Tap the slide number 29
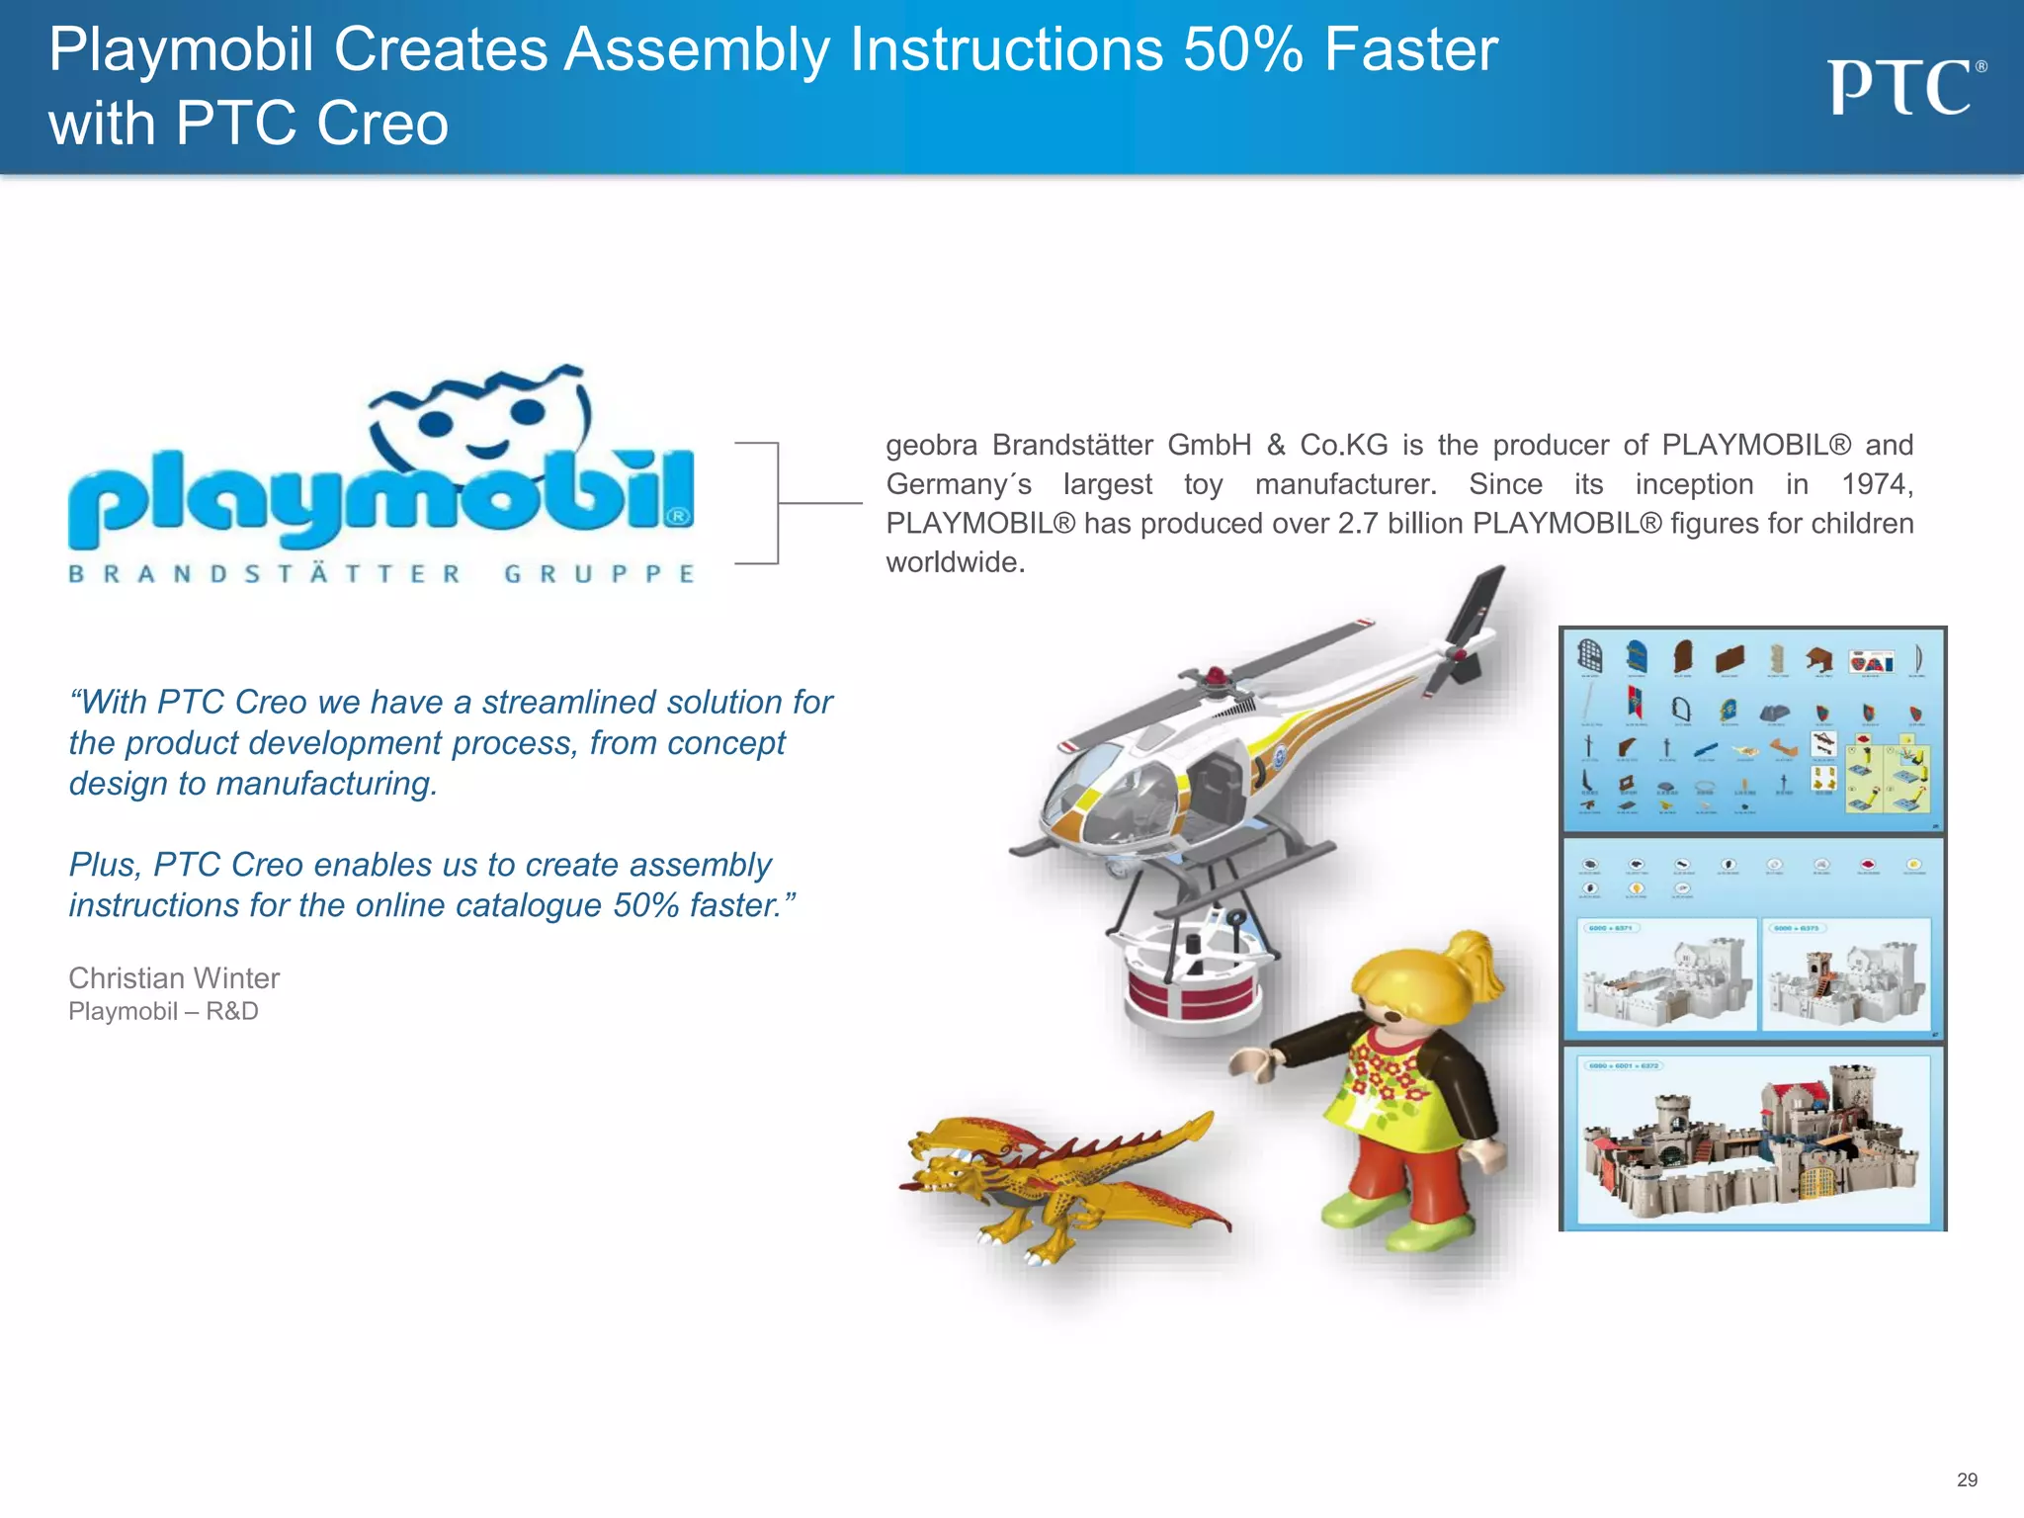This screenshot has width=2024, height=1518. coord(1967,1479)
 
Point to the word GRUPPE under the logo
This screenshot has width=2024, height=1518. coord(599,574)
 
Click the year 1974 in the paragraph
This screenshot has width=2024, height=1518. coord(1877,484)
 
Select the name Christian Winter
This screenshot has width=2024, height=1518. coord(174,977)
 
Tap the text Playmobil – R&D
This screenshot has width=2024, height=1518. coord(163,1011)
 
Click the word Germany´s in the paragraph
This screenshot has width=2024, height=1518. coord(959,484)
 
